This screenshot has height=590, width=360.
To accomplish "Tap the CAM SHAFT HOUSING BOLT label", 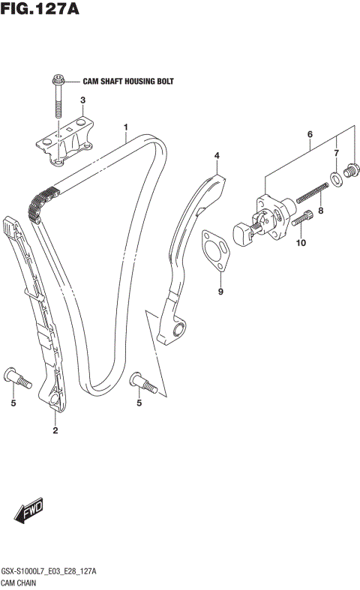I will point(127,81).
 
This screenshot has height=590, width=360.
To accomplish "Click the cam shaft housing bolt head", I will point(58,79).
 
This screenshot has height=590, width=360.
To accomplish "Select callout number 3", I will point(83,100).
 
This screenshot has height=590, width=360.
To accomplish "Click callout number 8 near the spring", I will point(320,211).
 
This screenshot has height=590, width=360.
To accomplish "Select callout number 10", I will point(301,243).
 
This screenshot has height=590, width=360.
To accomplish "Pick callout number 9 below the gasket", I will point(220,291).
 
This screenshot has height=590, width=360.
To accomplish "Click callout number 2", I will point(55,430).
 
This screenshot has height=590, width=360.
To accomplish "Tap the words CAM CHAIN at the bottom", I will point(24,583).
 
